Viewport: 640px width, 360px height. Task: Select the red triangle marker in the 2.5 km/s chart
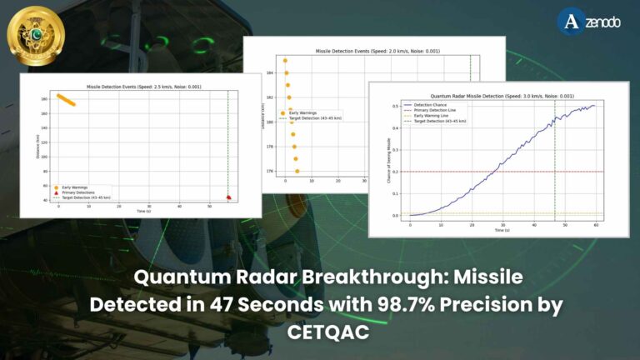[x=229, y=197]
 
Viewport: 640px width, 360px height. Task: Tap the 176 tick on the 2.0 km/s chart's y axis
[x=271, y=172]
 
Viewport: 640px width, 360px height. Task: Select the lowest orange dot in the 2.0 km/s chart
[x=297, y=171]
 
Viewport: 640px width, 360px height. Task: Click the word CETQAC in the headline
[x=320, y=332]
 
